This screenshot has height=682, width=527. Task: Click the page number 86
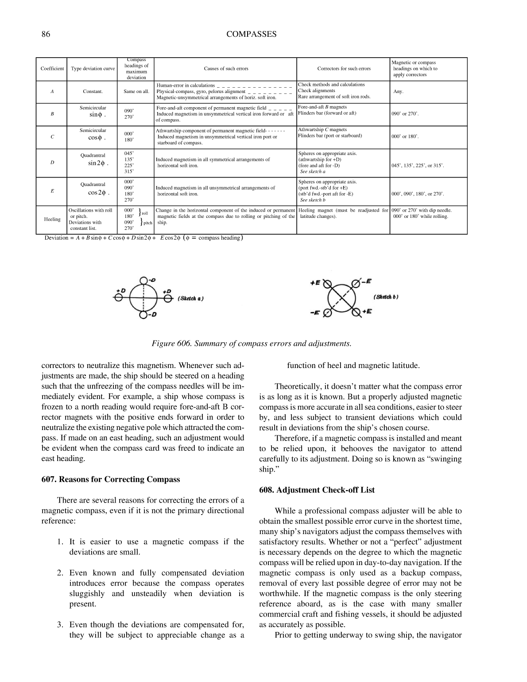tap(45, 34)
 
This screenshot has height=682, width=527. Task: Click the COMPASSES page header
tap(251, 34)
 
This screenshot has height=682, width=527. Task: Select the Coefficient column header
tap(52, 69)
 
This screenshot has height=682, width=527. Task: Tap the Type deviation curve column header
tap(93, 69)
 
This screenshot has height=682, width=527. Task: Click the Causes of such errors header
tap(226, 69)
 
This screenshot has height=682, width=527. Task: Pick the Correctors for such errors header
tap(344, 69)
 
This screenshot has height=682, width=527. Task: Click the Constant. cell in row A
tap(93, 92)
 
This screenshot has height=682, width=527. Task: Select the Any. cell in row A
tap(398, 92)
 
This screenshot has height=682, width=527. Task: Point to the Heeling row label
tap(52, 220)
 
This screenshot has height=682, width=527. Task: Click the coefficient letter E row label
tap(52, 191)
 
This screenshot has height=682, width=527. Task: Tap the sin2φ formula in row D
tap(97, 163)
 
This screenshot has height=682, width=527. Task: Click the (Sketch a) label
tap(190, 298)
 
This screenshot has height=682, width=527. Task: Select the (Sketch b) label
tap(386, 297)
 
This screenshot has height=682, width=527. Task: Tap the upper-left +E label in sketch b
tap(315, 282)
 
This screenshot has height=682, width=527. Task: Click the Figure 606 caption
tap(251, 344)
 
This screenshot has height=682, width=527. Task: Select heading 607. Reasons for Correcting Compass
tap(111, 480)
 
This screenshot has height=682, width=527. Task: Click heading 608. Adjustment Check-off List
tap(317, 490)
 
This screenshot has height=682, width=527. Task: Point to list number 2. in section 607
tap(60, 573)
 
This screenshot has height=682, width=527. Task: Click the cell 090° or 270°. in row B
tap(405, 114)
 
